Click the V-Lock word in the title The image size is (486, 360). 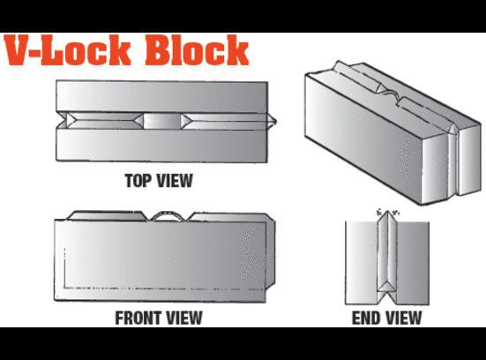pyautogui.click(x=68, y=50)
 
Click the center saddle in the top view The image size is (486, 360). pyautogui.click(x=162, y=121)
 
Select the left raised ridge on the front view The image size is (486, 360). pyautogui.click(x=108, y=216)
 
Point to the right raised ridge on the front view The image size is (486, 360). pyautogui.click(x=229, y=217)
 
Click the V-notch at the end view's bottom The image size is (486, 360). pyautogui.click(x=386, y=297)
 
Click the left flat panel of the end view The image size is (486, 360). pyautogui.click(x=362, y=263)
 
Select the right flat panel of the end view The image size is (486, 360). pyautogui.click(x=413, y=263)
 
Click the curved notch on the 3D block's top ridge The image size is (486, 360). pyautogui.click(x=391, y=93)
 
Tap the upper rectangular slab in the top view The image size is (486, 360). pyautogui.click(x=161, y=97)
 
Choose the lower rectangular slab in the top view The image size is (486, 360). pyautogui.click(x=161, y=145)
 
